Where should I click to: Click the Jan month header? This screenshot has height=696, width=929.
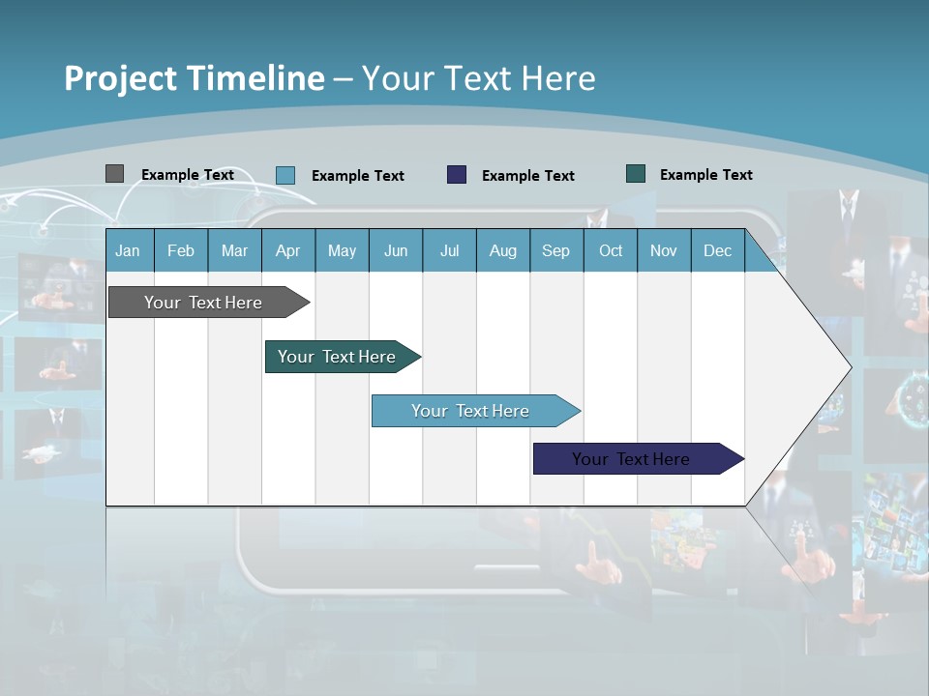coord(128,250)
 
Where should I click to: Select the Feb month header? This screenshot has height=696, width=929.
coord(181,250)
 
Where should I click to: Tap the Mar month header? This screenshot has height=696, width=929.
coord(234,250)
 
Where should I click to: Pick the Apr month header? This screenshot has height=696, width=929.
coord(288,250)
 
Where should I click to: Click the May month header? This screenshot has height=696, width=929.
coord(342,250)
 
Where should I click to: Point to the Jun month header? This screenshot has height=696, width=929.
coord(396,250)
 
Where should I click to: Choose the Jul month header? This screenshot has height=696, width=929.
coord(449,250)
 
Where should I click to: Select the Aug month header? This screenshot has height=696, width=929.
coord(503,250)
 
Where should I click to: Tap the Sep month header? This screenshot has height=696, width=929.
coord(556,250)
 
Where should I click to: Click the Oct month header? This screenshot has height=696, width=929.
coord(611,250)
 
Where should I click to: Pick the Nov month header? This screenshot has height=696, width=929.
coord(664,250)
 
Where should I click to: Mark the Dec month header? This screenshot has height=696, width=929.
coord(718,250)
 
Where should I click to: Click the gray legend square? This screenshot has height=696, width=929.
coord(114,174)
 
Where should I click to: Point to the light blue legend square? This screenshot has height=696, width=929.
coord(285,175)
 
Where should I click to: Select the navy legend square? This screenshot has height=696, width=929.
coord(457,175)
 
